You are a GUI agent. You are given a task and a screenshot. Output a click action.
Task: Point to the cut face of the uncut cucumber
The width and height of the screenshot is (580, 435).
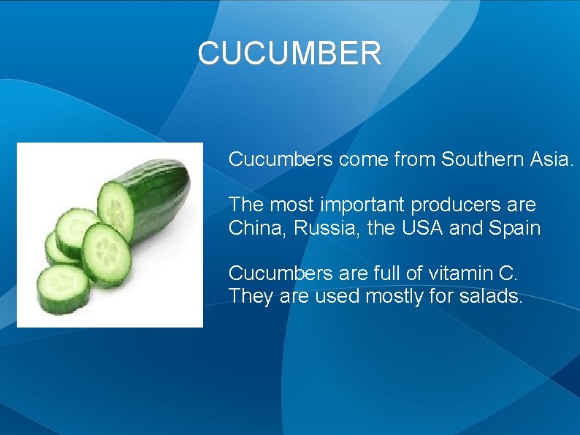pyautogui.click(x=116, y=207)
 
